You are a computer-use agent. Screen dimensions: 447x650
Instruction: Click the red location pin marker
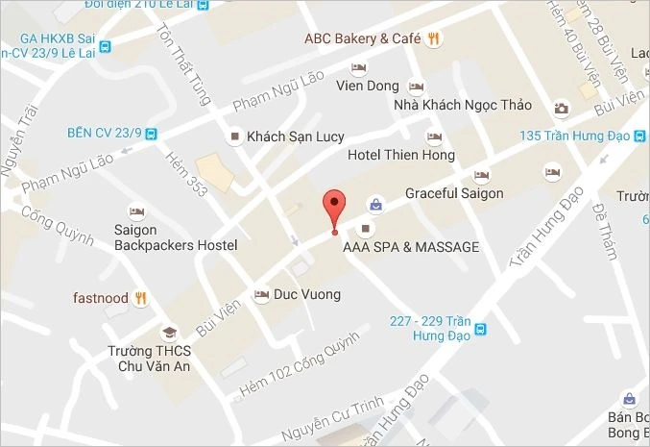(x=333, y=206)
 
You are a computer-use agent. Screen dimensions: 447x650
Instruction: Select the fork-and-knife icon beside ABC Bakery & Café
(x=434, y=38)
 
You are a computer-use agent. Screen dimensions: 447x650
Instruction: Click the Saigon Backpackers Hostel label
(x=175, y=238)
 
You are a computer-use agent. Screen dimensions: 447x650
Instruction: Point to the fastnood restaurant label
(x=100, y=297)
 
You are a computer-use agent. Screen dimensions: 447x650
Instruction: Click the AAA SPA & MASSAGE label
(x=411, y=247)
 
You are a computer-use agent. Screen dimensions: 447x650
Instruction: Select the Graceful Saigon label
(x=454, y=193)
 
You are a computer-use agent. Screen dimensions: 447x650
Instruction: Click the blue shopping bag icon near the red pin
(x=375, y=205)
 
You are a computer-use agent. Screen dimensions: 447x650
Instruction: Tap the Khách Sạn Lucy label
(x=295, y=137)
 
